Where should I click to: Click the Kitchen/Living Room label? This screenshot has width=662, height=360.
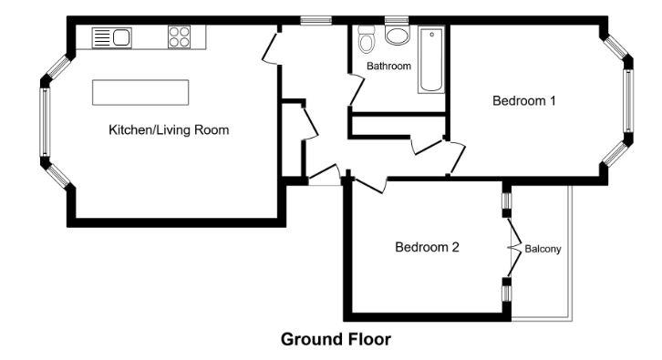pos(169,130)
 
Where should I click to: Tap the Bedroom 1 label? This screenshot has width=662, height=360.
pos(523,101)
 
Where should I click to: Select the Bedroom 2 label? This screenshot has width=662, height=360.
pos(426,247)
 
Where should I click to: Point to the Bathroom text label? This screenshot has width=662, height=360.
pos(388,67)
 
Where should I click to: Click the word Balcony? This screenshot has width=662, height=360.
pos(543,248)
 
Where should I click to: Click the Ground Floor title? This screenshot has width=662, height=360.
pos(335,340)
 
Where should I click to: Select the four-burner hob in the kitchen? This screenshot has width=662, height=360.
pos(180,37)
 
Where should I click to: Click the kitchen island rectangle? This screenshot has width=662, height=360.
pos(140,93)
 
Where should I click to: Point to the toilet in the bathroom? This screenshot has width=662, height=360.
pos(367,40)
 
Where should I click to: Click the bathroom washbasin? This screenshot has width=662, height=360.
pos(398,36)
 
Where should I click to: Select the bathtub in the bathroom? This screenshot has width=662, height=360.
pos(430,60)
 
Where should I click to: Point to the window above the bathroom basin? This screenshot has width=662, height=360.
pos(396,19)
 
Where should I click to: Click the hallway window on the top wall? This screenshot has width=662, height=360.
pos(316,19)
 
